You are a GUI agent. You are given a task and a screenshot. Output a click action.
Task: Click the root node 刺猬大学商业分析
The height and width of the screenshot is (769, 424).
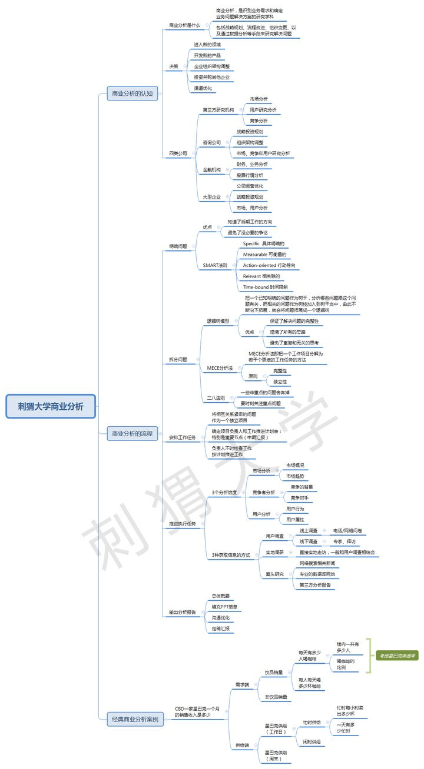coord(51,406)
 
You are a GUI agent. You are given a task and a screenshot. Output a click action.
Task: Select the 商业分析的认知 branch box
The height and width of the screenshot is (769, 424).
coord(132,93)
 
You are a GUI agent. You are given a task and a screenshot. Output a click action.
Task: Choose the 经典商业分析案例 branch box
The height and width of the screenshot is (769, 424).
coord(135,718)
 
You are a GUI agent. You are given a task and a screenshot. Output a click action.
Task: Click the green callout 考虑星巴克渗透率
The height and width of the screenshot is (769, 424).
coord(397,656)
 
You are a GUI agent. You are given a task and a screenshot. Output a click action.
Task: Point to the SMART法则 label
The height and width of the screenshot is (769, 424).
coord(215,265)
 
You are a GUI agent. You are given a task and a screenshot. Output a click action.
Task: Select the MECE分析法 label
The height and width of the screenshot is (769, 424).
coord(220,368)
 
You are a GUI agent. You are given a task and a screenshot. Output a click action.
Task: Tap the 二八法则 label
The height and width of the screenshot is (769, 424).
coord(216,398)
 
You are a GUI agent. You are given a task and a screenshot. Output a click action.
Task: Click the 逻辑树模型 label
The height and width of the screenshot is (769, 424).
coord(218,322)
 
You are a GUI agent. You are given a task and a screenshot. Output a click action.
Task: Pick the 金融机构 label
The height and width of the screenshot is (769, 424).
coord(212,170)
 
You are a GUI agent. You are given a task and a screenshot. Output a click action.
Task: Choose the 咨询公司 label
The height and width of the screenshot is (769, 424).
coord(212,142)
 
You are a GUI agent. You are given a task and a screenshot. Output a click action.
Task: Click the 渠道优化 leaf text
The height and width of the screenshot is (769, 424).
coord(203,88)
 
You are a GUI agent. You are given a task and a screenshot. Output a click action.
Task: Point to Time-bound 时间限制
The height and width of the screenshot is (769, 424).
coord(265,287)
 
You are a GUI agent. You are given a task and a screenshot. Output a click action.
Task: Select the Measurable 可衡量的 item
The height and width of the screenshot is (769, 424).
coord(264,255)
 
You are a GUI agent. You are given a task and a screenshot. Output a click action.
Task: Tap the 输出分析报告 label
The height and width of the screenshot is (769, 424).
coord(183,612)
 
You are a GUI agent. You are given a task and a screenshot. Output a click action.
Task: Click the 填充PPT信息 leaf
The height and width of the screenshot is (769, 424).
coord(224,606)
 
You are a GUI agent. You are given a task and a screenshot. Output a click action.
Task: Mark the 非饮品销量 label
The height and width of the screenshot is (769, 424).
coord(276,697)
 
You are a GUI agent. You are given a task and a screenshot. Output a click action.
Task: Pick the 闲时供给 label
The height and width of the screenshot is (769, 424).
coord(312,742)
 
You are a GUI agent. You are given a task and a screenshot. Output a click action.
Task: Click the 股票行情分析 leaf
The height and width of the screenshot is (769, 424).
coord(250,175)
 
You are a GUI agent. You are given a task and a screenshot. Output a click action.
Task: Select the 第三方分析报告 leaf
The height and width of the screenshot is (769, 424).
coord(315,585)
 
